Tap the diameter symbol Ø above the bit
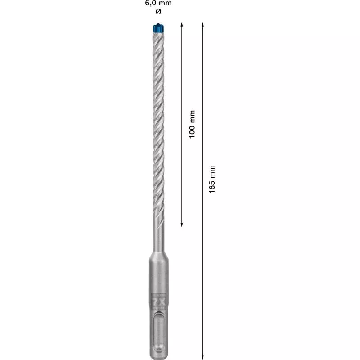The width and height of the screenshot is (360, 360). (x=158, y=11)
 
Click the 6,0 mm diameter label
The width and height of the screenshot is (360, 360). (x=158, y=3)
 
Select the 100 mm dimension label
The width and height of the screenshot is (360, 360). (x=192, y=124)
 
